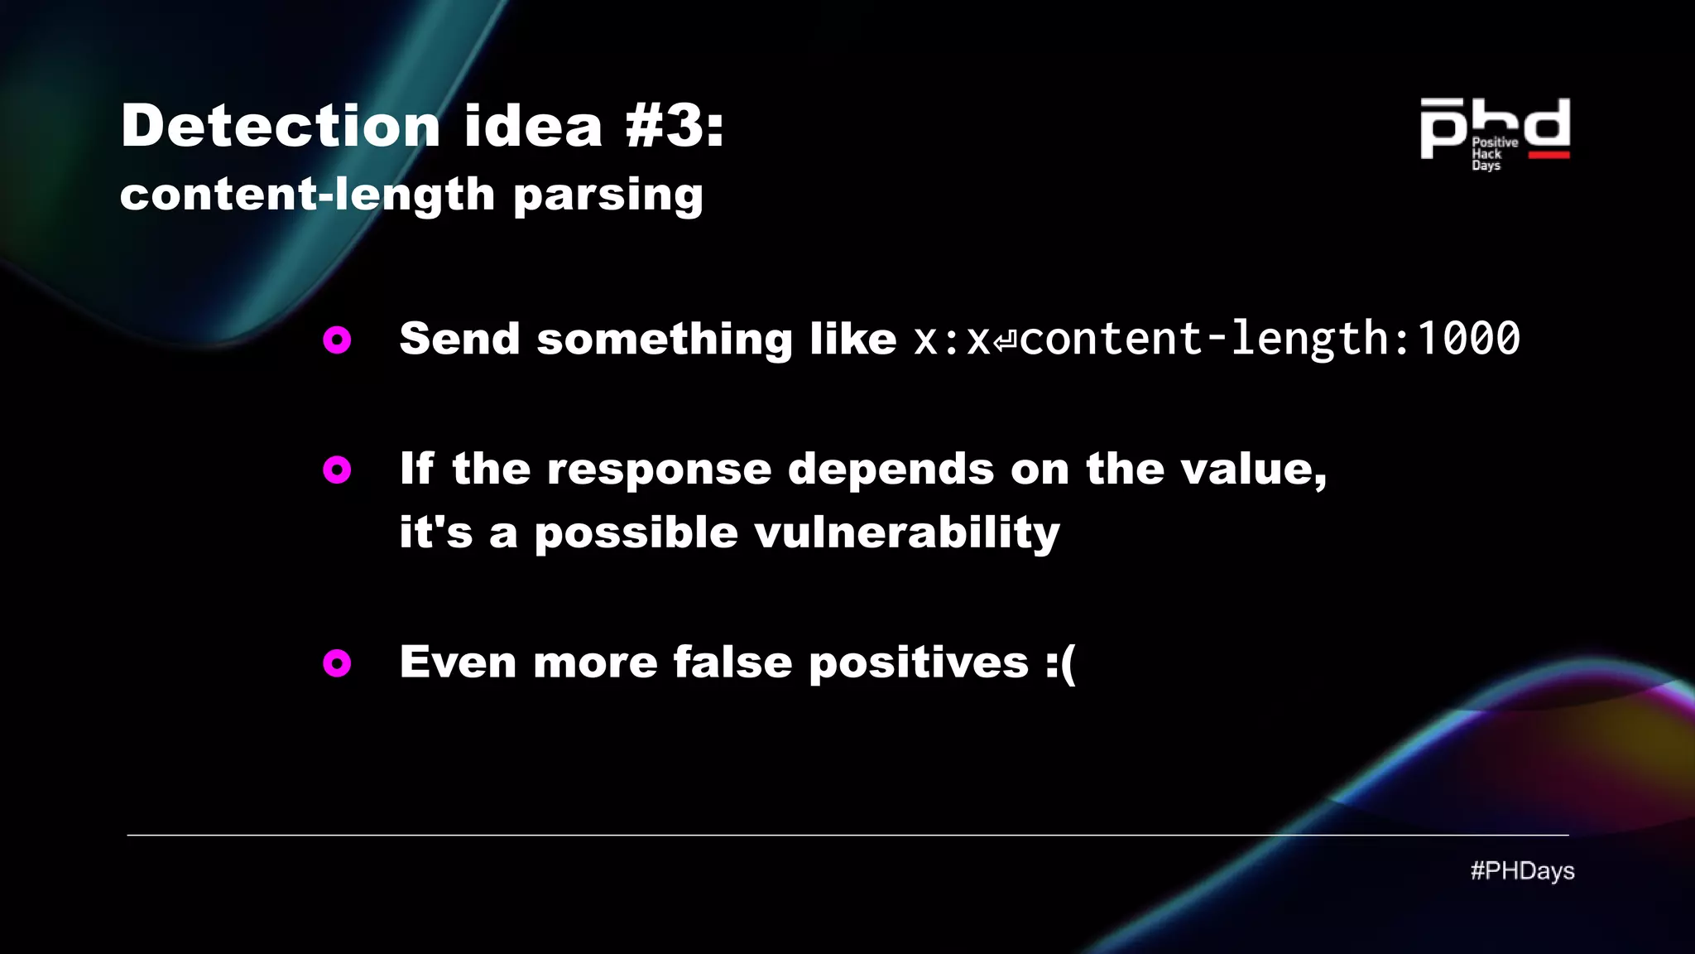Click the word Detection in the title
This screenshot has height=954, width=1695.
280,126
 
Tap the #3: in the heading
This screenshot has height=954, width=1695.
674,126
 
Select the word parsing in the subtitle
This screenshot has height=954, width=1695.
608,195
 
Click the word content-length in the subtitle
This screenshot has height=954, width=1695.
307,195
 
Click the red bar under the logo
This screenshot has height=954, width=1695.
1549,155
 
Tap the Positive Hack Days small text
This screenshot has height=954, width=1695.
1493,154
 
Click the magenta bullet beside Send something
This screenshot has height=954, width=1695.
337,340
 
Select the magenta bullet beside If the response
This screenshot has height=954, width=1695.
337,470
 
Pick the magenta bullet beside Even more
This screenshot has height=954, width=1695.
337,662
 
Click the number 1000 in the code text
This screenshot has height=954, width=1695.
1468,339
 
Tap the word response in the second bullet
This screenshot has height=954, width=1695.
659,470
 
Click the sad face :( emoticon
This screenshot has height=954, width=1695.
1060,663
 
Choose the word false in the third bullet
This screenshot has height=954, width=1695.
732,662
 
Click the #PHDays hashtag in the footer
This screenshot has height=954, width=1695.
1522,871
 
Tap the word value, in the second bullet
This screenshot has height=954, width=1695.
1253,470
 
